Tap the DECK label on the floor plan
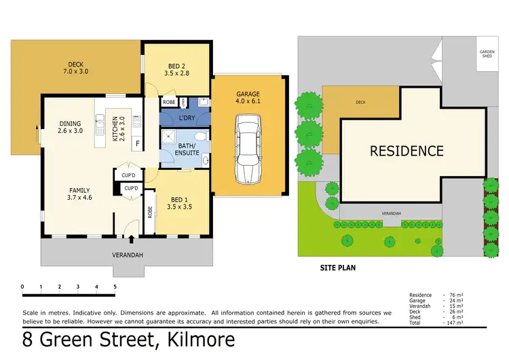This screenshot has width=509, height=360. click(x=75, y=67)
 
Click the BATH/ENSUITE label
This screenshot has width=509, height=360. click(x=188, y=149)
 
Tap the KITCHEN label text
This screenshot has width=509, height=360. click(x=118, y=129)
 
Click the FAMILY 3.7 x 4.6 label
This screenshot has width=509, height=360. click(x=79, y=194)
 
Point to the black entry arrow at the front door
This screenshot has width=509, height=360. click(x=131, y=240)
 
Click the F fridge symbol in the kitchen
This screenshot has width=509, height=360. click(x=137, y=144)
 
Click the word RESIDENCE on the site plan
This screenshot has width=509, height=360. click(x=407, y=151)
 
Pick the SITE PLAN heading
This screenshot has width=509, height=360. click(x=337, y=268)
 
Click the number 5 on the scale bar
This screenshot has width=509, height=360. click(x=115, y=287)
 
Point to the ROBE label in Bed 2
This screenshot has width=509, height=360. click(x=168, y=103)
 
